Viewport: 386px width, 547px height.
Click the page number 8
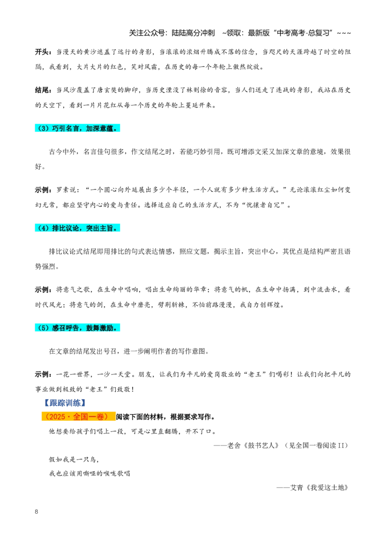[x=37, y=511]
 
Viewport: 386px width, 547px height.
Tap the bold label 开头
[x=42, y=52]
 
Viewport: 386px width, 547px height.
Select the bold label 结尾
[x=42, y=90]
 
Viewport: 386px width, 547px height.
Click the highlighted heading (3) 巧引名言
[x=77, y=129]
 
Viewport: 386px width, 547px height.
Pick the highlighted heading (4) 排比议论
[x=77, y=228]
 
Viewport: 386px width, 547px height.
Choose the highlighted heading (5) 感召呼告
[x=77, y=328]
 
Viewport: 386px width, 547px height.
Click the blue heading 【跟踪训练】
[x=65, y=403]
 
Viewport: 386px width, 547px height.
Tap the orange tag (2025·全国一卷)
[x=78, y=417]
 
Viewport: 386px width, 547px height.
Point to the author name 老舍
[x=234, y=446]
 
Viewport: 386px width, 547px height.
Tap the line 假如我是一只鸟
[x=74, y=460]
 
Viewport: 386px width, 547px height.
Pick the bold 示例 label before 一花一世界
[x=42, y=374]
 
